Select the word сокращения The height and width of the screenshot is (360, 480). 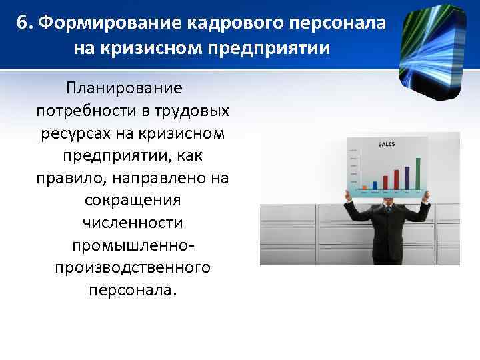pos(133,200)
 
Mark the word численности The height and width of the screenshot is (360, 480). pos(133,223)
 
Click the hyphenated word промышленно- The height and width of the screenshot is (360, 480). pos(133,245)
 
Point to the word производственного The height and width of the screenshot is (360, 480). pos(133,268)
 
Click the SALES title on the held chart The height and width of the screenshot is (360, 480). pos(387,144)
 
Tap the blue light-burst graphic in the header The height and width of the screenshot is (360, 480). pos(433,47)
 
